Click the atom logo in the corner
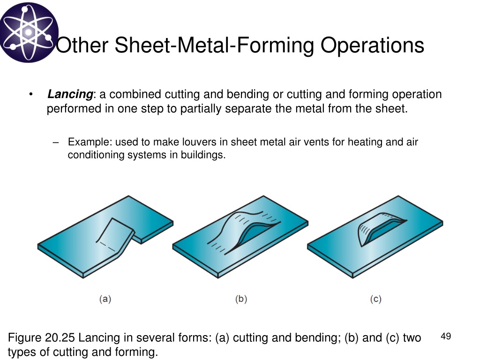pos(29,32)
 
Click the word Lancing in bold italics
pos(70,94)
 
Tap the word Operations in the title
pos(372,45)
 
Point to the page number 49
pos(446,336)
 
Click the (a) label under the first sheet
pos(105,299)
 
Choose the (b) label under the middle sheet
pos(241,299)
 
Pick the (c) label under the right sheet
pos(375,299)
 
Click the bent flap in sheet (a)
pos(116,234)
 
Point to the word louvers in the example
pos(199,142)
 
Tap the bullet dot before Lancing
pos(30,94)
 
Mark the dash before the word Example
pos(55,142)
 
